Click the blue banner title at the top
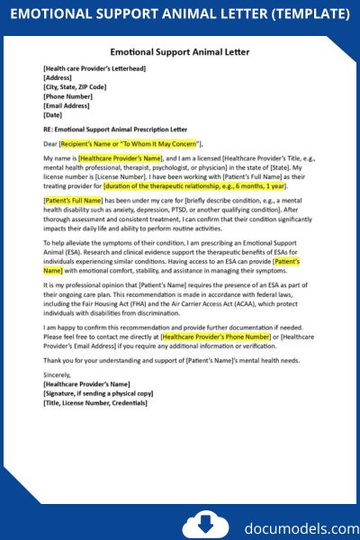(x=180, y=14)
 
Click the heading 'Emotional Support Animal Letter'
(x=180, y=53)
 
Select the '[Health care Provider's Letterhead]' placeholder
(x=94, y=68)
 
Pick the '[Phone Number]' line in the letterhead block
(x=67, y=96)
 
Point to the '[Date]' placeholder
(x=52, y=114)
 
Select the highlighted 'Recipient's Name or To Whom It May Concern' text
(x=130, y=142)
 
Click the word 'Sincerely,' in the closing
(x=59, y=374)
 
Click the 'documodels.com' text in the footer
(x=281, y=526)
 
